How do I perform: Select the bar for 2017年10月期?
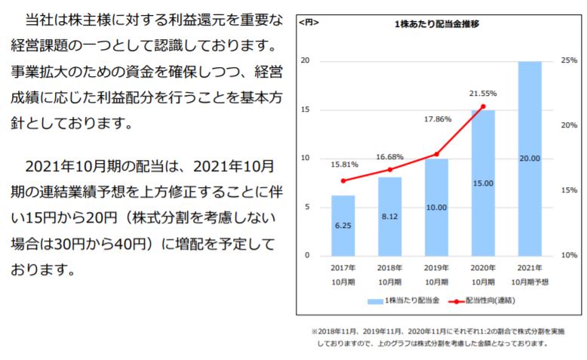tap(343, 226)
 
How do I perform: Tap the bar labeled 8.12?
tap(389, 217)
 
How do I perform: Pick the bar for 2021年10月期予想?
tap(530, 158)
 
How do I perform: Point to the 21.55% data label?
tap(483, 94)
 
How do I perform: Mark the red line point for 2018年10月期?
tap(389, 170)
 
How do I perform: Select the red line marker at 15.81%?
tap(343, 181)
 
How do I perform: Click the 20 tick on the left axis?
tap(305, 60)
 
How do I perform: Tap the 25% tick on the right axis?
tap(569, 60)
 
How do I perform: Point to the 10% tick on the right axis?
tap(569, 256)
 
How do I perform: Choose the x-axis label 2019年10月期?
tap(436, 275)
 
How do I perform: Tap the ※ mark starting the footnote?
tap(315, 331)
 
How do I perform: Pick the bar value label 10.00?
tap(436, 208)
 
